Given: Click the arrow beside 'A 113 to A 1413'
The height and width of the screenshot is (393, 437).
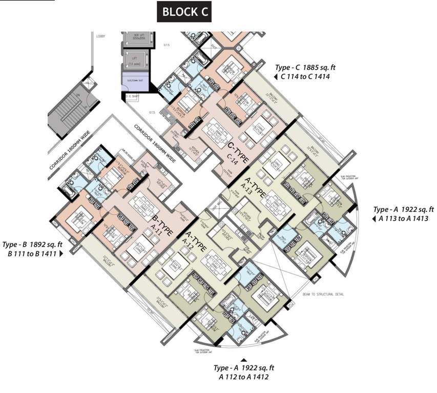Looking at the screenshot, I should (374, 219).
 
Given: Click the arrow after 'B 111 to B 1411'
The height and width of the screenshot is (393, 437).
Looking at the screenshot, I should (61, 253).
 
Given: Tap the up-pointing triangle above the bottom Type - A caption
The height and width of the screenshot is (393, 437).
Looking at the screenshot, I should (244, 360).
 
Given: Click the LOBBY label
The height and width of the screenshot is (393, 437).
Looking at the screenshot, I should (100, 35).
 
